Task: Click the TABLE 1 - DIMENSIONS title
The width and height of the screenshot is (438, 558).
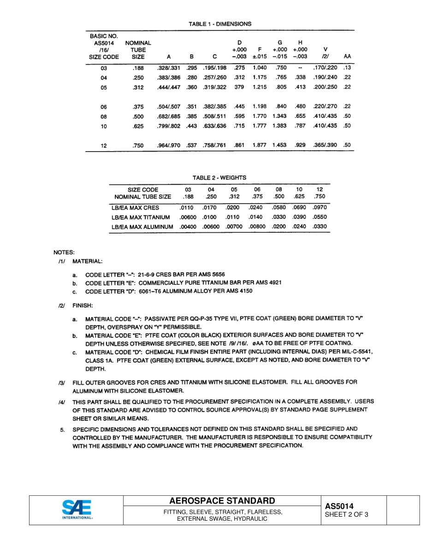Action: point(220,23)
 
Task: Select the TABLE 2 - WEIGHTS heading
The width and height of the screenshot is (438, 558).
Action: point(219,177)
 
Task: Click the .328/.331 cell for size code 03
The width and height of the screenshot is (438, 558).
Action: point(169,68)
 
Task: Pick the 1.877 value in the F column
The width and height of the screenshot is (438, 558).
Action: point(260,145)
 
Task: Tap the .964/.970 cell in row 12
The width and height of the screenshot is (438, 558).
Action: point(169,145)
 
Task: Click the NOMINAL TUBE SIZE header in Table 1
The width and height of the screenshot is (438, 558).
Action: point(138,50)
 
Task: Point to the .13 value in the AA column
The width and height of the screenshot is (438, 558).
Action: point(347,68)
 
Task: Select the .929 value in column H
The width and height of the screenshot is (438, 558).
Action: point(300,145)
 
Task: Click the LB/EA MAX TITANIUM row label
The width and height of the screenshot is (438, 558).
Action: point(141,217)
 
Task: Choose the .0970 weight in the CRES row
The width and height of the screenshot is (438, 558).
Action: point(319,207)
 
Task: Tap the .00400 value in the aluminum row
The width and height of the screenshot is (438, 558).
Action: point(188,227)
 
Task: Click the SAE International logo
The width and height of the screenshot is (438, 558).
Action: point(77,510)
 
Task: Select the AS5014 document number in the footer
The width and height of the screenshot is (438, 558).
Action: point(339,506)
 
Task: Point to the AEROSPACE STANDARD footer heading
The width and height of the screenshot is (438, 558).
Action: point(222,501)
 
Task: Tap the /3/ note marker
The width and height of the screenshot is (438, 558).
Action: point(62,382)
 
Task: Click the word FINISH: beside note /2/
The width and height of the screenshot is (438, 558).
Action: point(83,305)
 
